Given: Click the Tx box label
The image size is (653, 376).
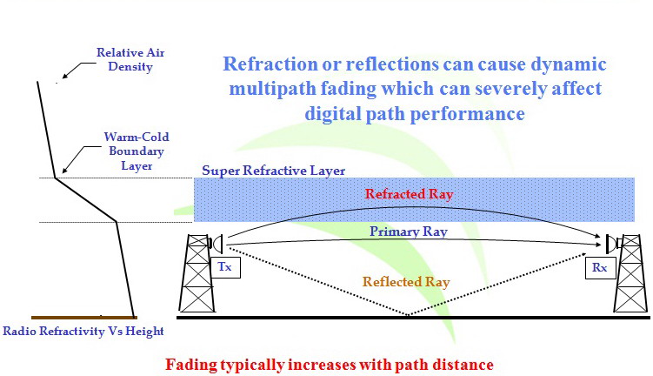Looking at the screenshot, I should tap(223, 267).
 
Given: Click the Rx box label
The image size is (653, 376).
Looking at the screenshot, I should tap(599, 267).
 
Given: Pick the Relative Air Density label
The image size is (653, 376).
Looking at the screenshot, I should tap(130, 58).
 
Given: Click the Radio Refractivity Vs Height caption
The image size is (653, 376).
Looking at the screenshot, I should tap(83, 332).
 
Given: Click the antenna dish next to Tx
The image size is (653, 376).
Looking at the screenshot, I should tap(215, 242).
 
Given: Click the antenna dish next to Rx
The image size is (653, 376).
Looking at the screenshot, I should tap(608, 242).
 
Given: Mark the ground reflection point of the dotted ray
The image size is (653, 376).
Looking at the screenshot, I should tap(410, 316).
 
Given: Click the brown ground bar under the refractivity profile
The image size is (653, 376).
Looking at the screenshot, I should tap(83, 317).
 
